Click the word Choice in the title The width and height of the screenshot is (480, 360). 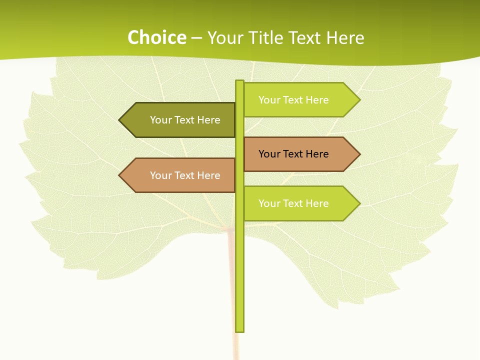(x=156, y=37)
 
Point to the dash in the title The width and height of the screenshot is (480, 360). (x=196, y=38)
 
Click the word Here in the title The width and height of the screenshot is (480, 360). (x=345, y=37)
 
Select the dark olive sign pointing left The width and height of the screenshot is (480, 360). (x=180, y=120)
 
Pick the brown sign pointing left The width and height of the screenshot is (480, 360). (x=180, y=175)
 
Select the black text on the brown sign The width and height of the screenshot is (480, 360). (x=293, y=154)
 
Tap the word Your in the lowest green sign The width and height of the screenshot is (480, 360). (x=269, y=203)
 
